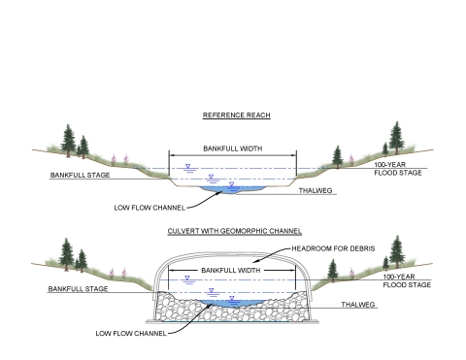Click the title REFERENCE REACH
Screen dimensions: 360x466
[235, 115]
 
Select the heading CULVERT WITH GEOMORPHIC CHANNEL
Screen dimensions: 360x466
[235, 232]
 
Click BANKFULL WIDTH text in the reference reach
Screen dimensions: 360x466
[233, 148]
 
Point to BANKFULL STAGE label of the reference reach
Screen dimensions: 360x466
[81, 177]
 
